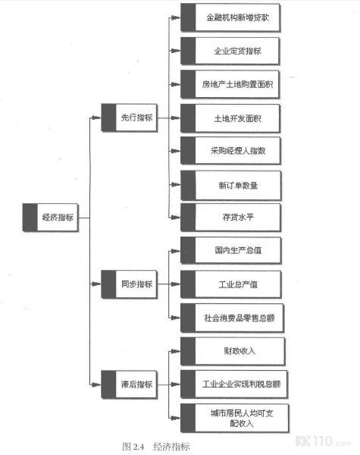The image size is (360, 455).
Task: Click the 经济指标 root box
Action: point(51,218)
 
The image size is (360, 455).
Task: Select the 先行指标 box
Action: point(129,118)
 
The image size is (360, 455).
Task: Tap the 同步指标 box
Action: point(129,284)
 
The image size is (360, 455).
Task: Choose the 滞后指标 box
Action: point(129,384)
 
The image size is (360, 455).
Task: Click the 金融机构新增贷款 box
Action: point(230,17)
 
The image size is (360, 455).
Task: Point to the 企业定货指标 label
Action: point(237,51)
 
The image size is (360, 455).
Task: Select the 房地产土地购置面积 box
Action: point(230,84)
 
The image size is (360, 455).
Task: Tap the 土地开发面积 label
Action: point(237,118)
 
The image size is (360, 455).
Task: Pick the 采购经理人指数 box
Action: point(230,151)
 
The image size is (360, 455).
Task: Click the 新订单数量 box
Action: point(230,185)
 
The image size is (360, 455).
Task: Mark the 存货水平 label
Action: point(238,217)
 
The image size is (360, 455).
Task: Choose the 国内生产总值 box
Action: point(230,250)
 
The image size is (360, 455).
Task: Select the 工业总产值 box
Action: point(230,284)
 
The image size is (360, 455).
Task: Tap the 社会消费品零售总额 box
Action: point(232,318)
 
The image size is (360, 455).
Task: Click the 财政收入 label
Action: point(239,351)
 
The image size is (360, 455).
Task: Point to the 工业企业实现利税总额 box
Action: point(234,384)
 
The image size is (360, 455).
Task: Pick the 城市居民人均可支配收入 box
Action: point(234,418)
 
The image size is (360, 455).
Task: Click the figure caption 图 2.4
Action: point(133,447)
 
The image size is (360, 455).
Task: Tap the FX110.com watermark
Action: point(323,441)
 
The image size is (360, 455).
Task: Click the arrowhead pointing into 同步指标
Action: point(96,284)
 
